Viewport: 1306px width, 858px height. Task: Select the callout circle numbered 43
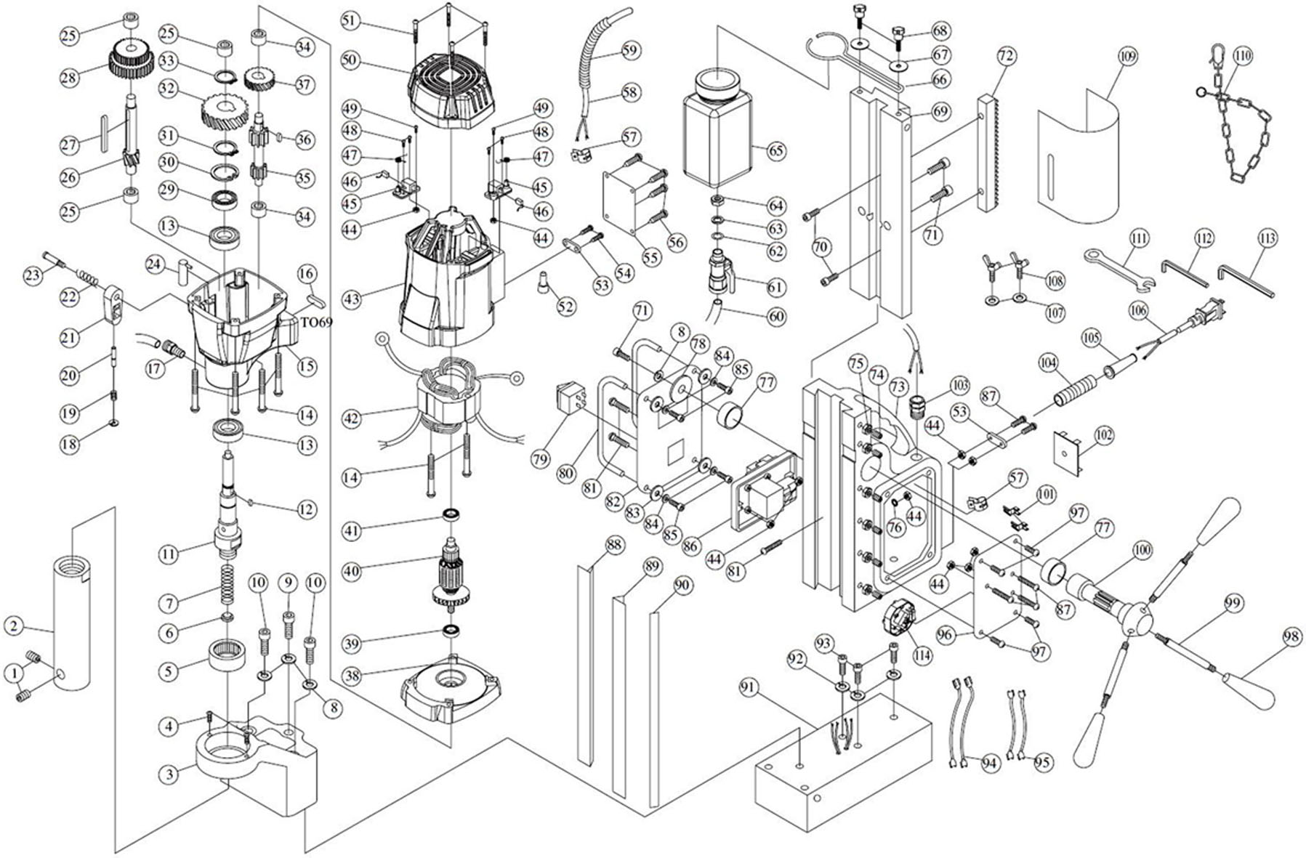[x=352, y=299]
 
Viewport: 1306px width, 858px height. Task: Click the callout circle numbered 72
[x=1006, y=55]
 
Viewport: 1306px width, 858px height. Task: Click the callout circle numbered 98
[x=1291, y=637]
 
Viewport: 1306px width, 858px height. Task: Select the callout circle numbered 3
[x=169, y=774]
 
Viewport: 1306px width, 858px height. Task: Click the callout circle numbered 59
[x=630, y=50]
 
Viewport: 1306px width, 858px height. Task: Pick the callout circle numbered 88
[x=615, y=545]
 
